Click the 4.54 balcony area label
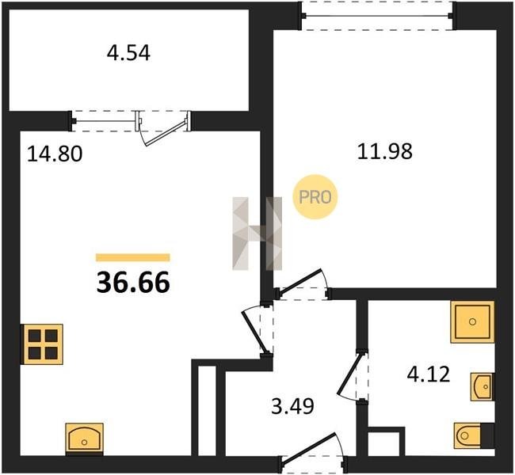click(x=128, y=53)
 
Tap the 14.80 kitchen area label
click(x=55, y=154)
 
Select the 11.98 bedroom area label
click(x=384, y=152)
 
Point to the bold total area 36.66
click(x=133, y=283)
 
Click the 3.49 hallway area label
click(x=292, y=406)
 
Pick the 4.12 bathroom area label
click(x=429, y=374)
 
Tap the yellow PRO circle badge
click(x=315, y=197)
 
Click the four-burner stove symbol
click(x=42, y=344)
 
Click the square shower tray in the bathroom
click(x=472, y=321)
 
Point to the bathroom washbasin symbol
click(x=483, y=386)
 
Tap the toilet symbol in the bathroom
click(x=474, y=435)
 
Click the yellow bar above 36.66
click(x=133, y=257)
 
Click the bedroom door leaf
click(x=300, y=281)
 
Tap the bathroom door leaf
click(x=350, y=374)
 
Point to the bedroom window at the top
click(x=379, y=15)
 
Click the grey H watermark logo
click(x=257, y=234)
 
